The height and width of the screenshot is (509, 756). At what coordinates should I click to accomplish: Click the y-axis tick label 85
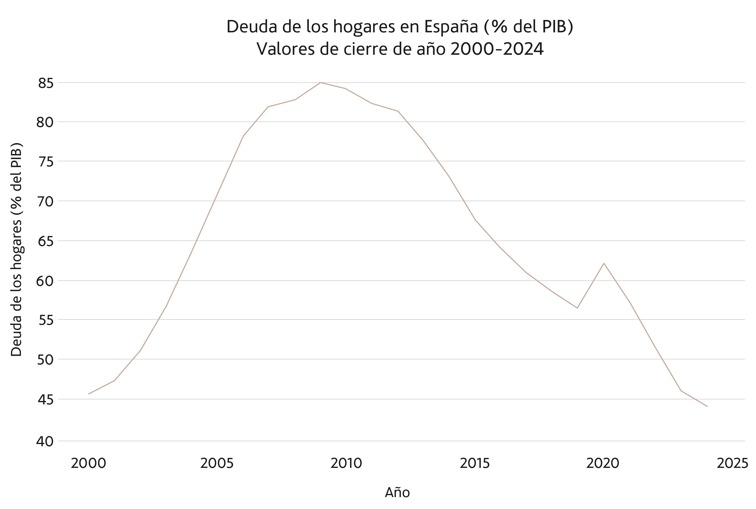(x=46, y=83)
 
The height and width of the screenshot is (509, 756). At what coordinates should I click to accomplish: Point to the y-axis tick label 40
(x=45, y=441)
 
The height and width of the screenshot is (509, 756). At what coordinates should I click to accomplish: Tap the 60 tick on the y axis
(x=45, y=281)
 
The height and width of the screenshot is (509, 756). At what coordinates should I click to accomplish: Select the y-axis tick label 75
(x=46, y=162)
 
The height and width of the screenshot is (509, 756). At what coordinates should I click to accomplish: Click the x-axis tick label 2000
(x=88, y=464)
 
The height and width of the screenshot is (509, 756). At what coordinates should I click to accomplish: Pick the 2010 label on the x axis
(x=346, y=464)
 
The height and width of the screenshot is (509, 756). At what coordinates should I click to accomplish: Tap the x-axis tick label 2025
(x=732, y=464)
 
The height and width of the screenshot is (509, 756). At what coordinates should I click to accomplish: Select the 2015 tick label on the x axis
(x=474, y=464)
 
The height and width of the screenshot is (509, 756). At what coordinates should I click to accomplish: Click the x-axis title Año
(x=397, y=493)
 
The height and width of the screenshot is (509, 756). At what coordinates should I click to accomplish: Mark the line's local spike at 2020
(x=604, y=263)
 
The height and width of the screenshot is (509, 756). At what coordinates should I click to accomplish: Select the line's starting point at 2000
(x=89, y=394)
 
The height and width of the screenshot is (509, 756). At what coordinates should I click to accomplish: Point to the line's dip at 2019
(x=577, y=308)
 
